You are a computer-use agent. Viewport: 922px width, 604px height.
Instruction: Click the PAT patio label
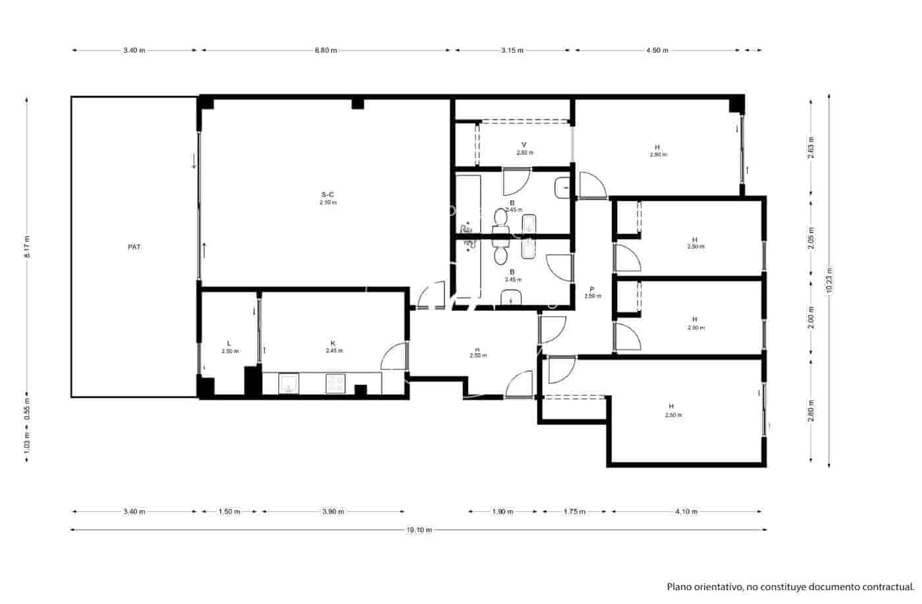click(134, 248)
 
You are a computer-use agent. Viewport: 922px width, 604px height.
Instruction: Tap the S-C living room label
click(327, 194)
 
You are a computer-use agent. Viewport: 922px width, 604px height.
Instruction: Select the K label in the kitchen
click(333, 343)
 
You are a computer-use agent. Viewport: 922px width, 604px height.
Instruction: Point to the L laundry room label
click(229, 343)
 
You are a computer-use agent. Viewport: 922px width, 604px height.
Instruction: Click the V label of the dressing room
click(524, 144)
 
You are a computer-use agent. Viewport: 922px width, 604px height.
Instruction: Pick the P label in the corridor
click(592, 288)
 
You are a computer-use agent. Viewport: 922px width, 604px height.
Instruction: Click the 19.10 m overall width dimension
click(419, 530)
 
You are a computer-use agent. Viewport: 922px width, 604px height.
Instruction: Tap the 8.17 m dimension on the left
click(27, 247)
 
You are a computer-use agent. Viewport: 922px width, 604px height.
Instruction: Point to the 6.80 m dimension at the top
click(326, 50)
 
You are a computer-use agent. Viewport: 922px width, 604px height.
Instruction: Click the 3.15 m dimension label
click(512, 50)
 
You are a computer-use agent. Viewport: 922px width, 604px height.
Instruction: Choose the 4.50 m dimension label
click(657, 50)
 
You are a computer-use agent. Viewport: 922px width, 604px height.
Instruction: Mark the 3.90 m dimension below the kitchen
click(333, 512)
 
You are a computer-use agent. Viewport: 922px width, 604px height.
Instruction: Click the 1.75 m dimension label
click(574, 512)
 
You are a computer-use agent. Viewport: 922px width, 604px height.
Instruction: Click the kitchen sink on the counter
click(288, 383)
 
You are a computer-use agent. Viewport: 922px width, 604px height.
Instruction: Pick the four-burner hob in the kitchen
click(335, 383)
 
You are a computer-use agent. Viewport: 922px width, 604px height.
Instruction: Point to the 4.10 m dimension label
click(686, 512)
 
